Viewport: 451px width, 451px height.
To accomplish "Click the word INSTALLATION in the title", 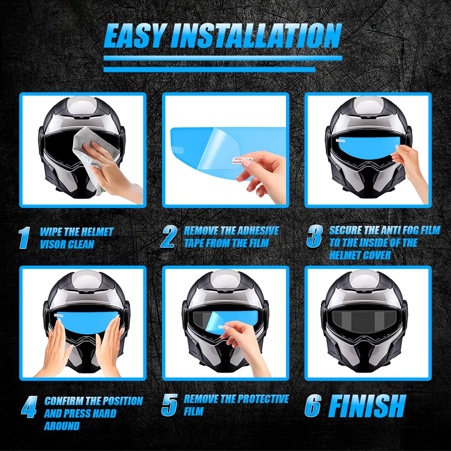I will (256, 36).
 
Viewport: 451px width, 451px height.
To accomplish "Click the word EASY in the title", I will (134, 36).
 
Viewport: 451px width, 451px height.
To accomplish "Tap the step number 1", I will (25, 238).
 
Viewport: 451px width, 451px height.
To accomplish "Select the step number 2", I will (168, 237).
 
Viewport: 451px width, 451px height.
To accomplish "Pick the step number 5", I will (169, 405).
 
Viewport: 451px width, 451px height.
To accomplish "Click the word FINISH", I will (367, 405).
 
